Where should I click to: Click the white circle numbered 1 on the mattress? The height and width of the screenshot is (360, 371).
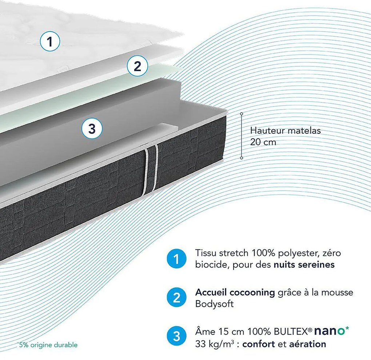50,41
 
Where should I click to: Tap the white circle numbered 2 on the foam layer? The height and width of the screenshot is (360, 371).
137,66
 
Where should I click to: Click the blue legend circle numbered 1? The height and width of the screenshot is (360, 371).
177,260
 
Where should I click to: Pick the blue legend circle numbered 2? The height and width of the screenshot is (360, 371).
177,297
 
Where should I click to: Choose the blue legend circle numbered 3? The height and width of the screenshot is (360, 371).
177,336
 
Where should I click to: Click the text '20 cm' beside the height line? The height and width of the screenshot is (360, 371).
263,142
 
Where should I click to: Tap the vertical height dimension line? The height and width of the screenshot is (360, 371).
242,136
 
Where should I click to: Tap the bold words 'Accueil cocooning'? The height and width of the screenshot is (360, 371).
235,292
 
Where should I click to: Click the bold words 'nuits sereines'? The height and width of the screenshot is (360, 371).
304,265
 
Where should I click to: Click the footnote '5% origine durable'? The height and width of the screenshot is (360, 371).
47,344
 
